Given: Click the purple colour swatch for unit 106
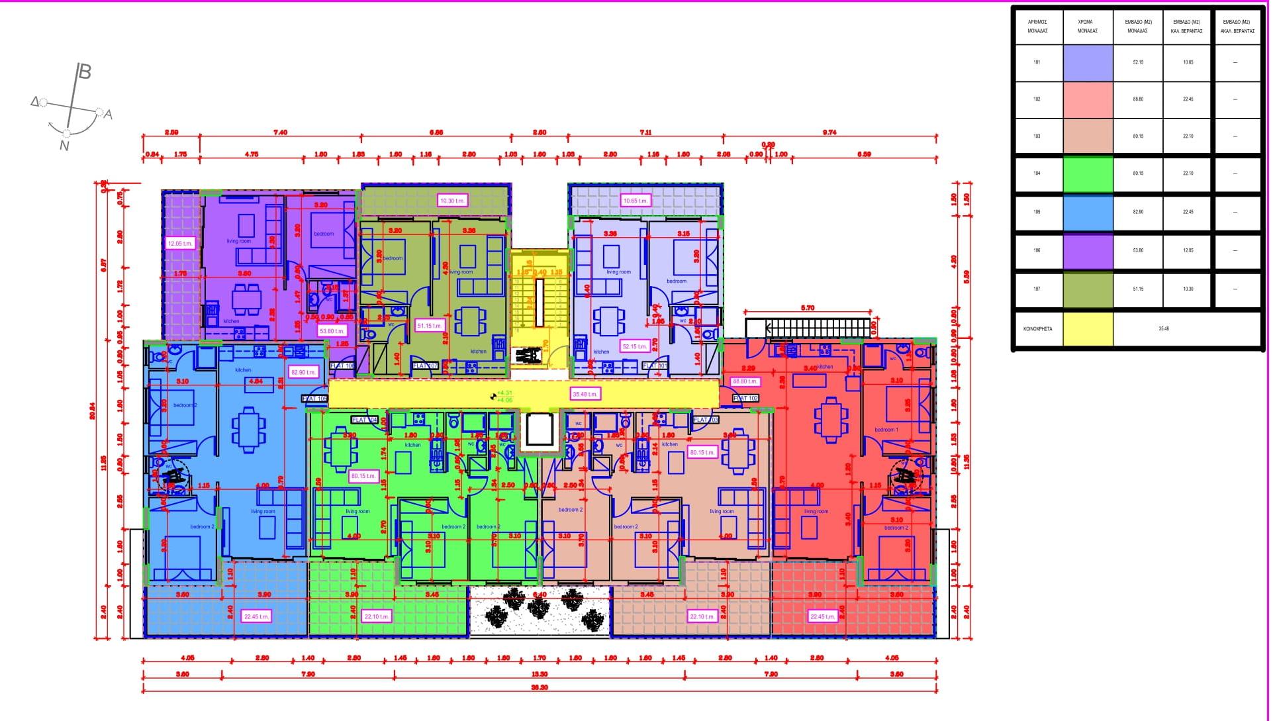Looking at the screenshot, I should point(1088,251).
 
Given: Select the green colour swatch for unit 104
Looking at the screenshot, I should point(1088,173).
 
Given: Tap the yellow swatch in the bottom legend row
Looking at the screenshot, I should point(1088,328).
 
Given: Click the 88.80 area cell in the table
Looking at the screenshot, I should point(1137,99).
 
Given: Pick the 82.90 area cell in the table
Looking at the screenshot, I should point(1137,212).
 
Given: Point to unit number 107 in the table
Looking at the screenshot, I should point(1037,289).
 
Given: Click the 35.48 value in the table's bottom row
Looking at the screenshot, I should point(1163,328).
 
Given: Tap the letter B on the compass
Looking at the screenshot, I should point(85,72).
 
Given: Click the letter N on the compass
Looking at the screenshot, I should point(64,146).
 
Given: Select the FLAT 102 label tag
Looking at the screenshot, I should point(745,399).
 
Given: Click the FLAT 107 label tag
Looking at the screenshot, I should point(425,365).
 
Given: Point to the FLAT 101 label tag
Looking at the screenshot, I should point(655,365).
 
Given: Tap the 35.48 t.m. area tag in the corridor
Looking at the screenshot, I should point(585,394).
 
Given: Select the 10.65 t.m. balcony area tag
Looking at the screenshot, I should point(636,200).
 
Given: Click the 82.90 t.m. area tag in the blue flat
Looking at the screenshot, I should point(303,372).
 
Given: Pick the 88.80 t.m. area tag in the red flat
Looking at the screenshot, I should point(745,381).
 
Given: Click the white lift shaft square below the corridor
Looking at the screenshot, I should point(538,430).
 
